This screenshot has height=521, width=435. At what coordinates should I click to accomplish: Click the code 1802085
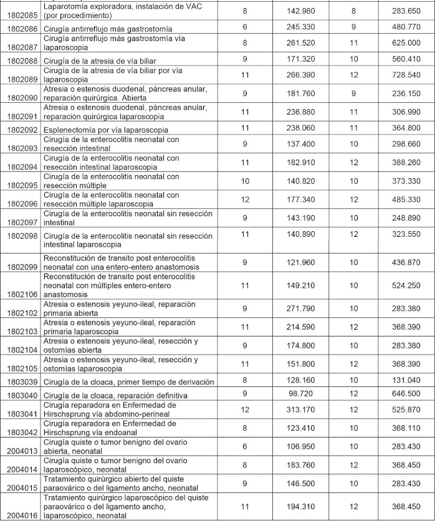(20, 14)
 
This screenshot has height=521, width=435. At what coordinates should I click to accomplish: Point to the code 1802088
(20, 60)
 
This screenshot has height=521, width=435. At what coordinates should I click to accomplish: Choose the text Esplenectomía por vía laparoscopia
(105, 130)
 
